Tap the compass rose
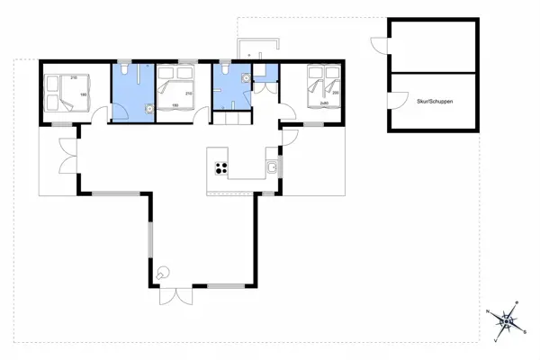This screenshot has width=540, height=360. pyautogui.click(x=506, y=321)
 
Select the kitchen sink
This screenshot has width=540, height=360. pyautogui.click(x=272, y=166)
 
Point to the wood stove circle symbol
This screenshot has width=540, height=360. pyautogui.click(x=163, y=272)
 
